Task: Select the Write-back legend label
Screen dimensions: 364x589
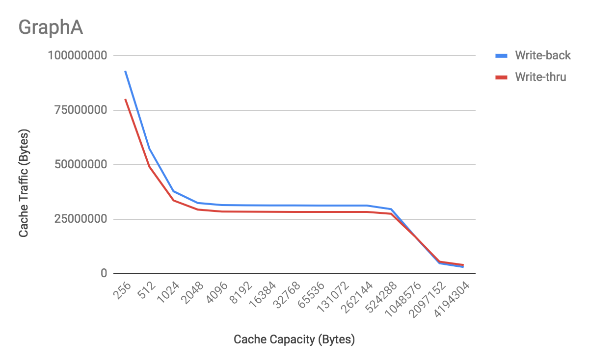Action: (x=543, y=55)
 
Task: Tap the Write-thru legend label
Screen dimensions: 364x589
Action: (x=540, y=77)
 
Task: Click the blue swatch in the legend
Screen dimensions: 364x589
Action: (x=501, y=55)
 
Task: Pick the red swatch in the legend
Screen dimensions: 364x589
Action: (x=501, y=77)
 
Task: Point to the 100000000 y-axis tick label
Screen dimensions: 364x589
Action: (x=77, y=55)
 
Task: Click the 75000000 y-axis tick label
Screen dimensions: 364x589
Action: (x=80, y=110)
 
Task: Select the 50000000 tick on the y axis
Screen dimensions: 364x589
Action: (x=80, y=164)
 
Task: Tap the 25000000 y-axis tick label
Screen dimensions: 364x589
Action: (x=80, y=219)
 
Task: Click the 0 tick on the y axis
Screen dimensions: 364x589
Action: (x=104, y=273)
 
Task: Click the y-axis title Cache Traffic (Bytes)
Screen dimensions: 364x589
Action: (x=24, y=183)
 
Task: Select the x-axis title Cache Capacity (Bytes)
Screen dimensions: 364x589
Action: (x=294, y=339)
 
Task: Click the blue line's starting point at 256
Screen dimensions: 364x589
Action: (x=125, y=71)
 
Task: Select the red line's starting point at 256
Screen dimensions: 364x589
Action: (x=125, y=99)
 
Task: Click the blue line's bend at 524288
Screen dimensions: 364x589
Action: (x=391, y=209)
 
